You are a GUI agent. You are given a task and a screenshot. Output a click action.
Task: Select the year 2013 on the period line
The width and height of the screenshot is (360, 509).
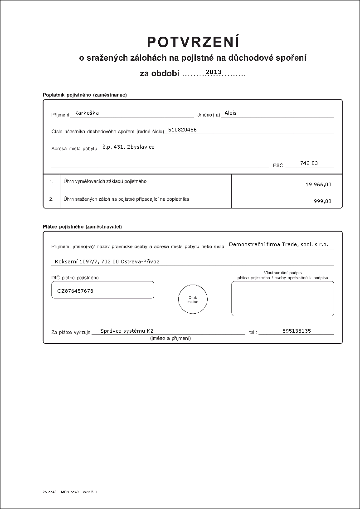pos(214,72)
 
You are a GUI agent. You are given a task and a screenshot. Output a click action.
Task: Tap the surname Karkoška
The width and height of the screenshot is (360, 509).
pos(86,113)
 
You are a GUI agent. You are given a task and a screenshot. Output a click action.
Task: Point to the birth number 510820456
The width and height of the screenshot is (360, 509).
pos(182,130)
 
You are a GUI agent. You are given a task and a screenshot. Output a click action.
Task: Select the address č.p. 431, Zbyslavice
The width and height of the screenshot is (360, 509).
pos(128,147)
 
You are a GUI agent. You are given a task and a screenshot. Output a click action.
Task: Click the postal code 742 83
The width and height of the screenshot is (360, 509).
pos(309,163)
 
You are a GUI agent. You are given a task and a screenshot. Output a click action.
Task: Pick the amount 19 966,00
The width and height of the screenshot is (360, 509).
pos(319,184)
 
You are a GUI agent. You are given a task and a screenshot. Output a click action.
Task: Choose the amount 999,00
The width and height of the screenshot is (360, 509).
pos(322,201)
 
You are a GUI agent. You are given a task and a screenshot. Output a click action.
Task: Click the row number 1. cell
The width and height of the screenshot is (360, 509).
pos(52,182)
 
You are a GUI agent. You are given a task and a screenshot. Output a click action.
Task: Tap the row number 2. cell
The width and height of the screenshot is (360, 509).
pos(52,199)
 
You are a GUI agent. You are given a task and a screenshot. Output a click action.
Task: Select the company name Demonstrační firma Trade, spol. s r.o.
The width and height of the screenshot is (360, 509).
pos(278,244)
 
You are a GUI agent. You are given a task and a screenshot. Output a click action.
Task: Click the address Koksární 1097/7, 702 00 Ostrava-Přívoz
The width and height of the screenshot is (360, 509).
pos(107,262)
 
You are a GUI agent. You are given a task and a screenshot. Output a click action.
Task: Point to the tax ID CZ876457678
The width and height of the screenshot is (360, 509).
pos(75,291)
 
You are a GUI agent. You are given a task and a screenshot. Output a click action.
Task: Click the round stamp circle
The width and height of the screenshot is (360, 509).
pos(193,299)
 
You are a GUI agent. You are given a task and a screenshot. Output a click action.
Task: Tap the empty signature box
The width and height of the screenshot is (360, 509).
pos(282,298)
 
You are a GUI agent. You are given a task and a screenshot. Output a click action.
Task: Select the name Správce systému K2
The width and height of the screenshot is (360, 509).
pos(130,331)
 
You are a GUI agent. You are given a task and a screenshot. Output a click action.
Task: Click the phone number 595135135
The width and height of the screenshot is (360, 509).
pos(297,331)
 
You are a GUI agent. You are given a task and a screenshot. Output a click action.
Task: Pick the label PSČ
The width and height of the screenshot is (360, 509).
pos(277,166)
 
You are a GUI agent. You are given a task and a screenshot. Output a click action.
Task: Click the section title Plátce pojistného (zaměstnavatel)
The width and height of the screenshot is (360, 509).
pos(82,226)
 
